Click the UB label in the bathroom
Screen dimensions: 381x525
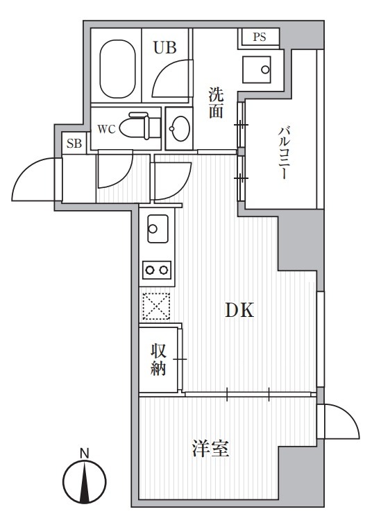tap(165, 48)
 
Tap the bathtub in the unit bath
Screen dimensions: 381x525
tap(117, 69)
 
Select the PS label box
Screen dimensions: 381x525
tap(259, 37)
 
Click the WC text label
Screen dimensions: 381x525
tap(107, 129)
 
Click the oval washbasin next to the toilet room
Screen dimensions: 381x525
tap(180, 128)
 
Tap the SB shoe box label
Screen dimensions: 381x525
tap(74, 144)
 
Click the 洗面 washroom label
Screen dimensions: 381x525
tap(216, 103)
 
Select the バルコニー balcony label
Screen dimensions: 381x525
tap(283, 153)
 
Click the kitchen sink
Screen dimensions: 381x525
tap(158, 229)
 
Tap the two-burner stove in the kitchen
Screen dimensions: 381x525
tap(157, 270)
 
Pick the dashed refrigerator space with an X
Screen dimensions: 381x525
tap(156, 307)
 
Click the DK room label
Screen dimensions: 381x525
tap(239, 310)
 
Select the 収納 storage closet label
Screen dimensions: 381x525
tap(158, 360)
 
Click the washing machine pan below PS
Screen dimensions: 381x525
tap(257, 69)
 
